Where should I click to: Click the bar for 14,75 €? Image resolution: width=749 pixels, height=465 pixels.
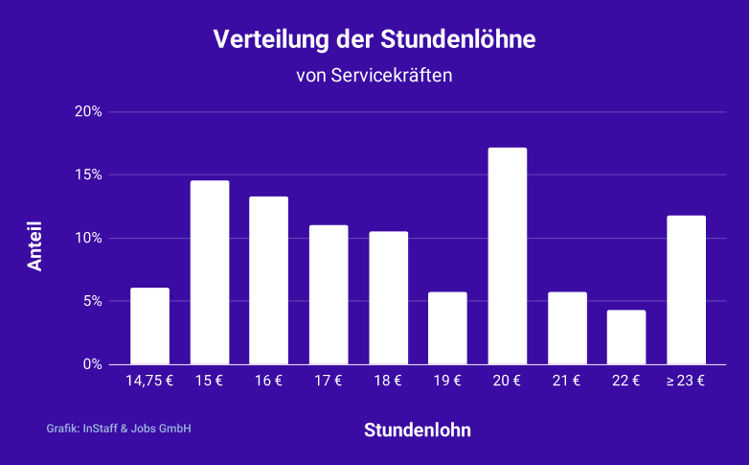coord(149,326)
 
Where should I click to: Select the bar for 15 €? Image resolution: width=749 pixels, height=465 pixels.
coord(210,272)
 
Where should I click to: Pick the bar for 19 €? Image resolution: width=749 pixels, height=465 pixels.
coord(447,328)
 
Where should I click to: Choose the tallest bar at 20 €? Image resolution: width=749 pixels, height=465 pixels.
coord(508,256)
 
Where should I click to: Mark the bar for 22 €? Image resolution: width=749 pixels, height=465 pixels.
coord(626,337)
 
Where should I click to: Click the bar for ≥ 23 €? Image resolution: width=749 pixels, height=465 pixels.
coord(686,290)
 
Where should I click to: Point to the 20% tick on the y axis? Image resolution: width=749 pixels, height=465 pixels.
coord(88,112)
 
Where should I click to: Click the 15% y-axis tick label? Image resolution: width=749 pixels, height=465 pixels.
coord(88,175)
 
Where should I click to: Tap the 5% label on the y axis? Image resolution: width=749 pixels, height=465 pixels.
coord(92,301)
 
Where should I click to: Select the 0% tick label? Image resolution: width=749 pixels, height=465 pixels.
coord(92,364)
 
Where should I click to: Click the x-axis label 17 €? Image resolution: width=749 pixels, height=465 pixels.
coord(329,381)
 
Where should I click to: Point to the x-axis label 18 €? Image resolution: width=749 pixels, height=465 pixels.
coord(388,381)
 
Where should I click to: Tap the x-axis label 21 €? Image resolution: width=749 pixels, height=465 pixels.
coord(567,381)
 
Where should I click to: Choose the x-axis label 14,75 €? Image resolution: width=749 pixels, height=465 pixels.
coord(149,381)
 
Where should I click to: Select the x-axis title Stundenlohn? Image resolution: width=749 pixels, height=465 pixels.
coord(418,430)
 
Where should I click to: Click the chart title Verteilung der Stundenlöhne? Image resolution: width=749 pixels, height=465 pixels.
coord(374,40)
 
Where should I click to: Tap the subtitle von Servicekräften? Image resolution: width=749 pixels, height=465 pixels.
coord(374,76)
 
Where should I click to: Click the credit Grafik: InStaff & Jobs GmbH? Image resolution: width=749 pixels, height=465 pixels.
coord(119,429)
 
